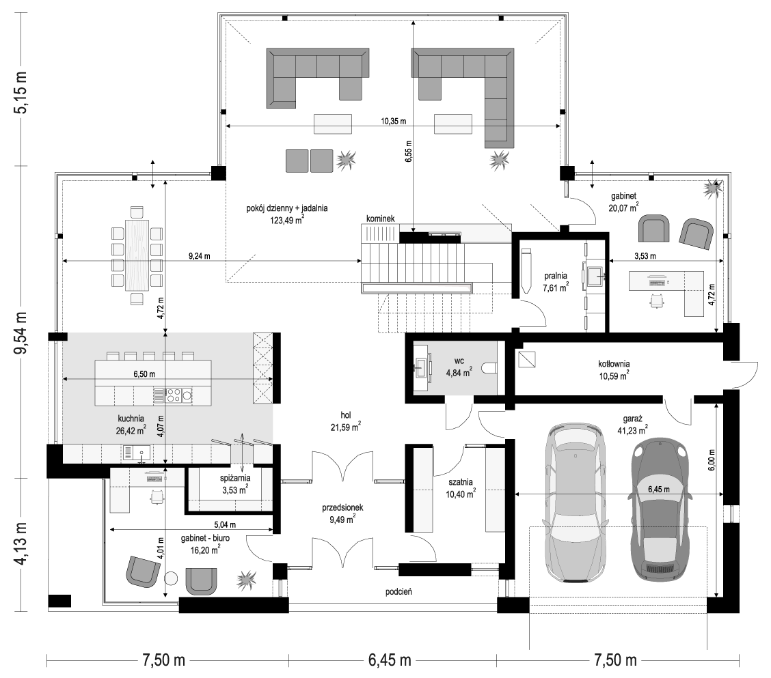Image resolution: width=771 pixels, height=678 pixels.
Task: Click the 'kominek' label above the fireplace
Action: pyautogui.click(x=380, y=218)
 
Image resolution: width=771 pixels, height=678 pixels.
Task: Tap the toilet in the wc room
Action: pyautogui.click(x=490, y=369)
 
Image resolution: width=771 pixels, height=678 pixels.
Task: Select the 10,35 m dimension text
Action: pyautogui.click(x=394, y=121)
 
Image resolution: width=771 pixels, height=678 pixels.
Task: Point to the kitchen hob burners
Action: pyautogui.click(x=173, y=395)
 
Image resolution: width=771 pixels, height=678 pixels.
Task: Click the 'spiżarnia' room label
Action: pyautogui.click(x=236, y=477)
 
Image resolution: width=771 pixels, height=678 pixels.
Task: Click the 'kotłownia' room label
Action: pyautogui.click(x=614, y=364)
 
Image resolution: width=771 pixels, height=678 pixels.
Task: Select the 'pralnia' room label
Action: pyautogui.click(x=555, y=276)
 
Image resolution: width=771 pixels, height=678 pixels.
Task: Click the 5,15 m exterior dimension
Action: pyautogui.click(x=22, y=93)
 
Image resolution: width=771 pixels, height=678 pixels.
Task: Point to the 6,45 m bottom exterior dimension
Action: pyautogui.click(x=390, y=660)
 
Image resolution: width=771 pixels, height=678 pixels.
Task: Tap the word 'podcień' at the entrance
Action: pyautogui.click(x=398, y=592)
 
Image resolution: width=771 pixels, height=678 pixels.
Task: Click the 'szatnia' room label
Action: pyautogui.click(x=460, y=482)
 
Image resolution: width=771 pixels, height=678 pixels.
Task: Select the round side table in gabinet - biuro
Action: pyautogui.click(x=170, y=579)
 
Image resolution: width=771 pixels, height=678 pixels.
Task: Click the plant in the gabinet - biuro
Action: pyautogui.click(x=246, y=580)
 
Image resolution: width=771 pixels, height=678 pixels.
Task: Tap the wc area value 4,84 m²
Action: pyautogui.click(x=458, y=372)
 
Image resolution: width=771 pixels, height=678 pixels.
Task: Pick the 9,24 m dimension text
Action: pyautogui.click(x=199, y=256)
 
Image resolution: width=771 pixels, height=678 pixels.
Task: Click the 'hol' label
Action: pyautogui.click(x=346, y=416)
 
